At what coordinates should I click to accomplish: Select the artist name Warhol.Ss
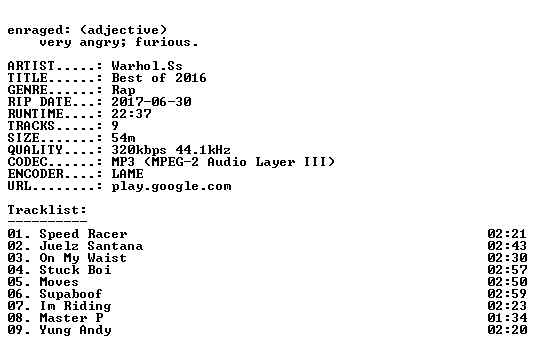click(147, 66)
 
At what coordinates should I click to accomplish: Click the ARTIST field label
click(31, 66)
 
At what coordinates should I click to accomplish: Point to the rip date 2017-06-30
click(151, 102)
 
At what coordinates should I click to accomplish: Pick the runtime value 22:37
click(131, 114)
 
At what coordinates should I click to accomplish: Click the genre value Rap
click(123, 90)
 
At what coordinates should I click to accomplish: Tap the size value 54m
click(123, 138)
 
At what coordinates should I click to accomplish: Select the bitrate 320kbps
click(139, 150)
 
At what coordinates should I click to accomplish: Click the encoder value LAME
click(128, 174)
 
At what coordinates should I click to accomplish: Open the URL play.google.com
click(171, 186)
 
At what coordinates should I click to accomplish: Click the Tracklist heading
click(47, 210)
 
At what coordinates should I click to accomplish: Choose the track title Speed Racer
click(83, 234)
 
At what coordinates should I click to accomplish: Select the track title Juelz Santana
click(91, 246)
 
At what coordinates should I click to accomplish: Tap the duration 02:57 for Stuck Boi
click(507, 270)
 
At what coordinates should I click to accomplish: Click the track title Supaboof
click(71, 294)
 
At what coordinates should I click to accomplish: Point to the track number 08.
click(16, 318)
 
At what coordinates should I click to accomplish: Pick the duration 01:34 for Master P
click(507, 318)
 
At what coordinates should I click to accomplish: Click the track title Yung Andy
click(76, 330)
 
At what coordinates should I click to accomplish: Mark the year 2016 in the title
click(191, 78)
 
